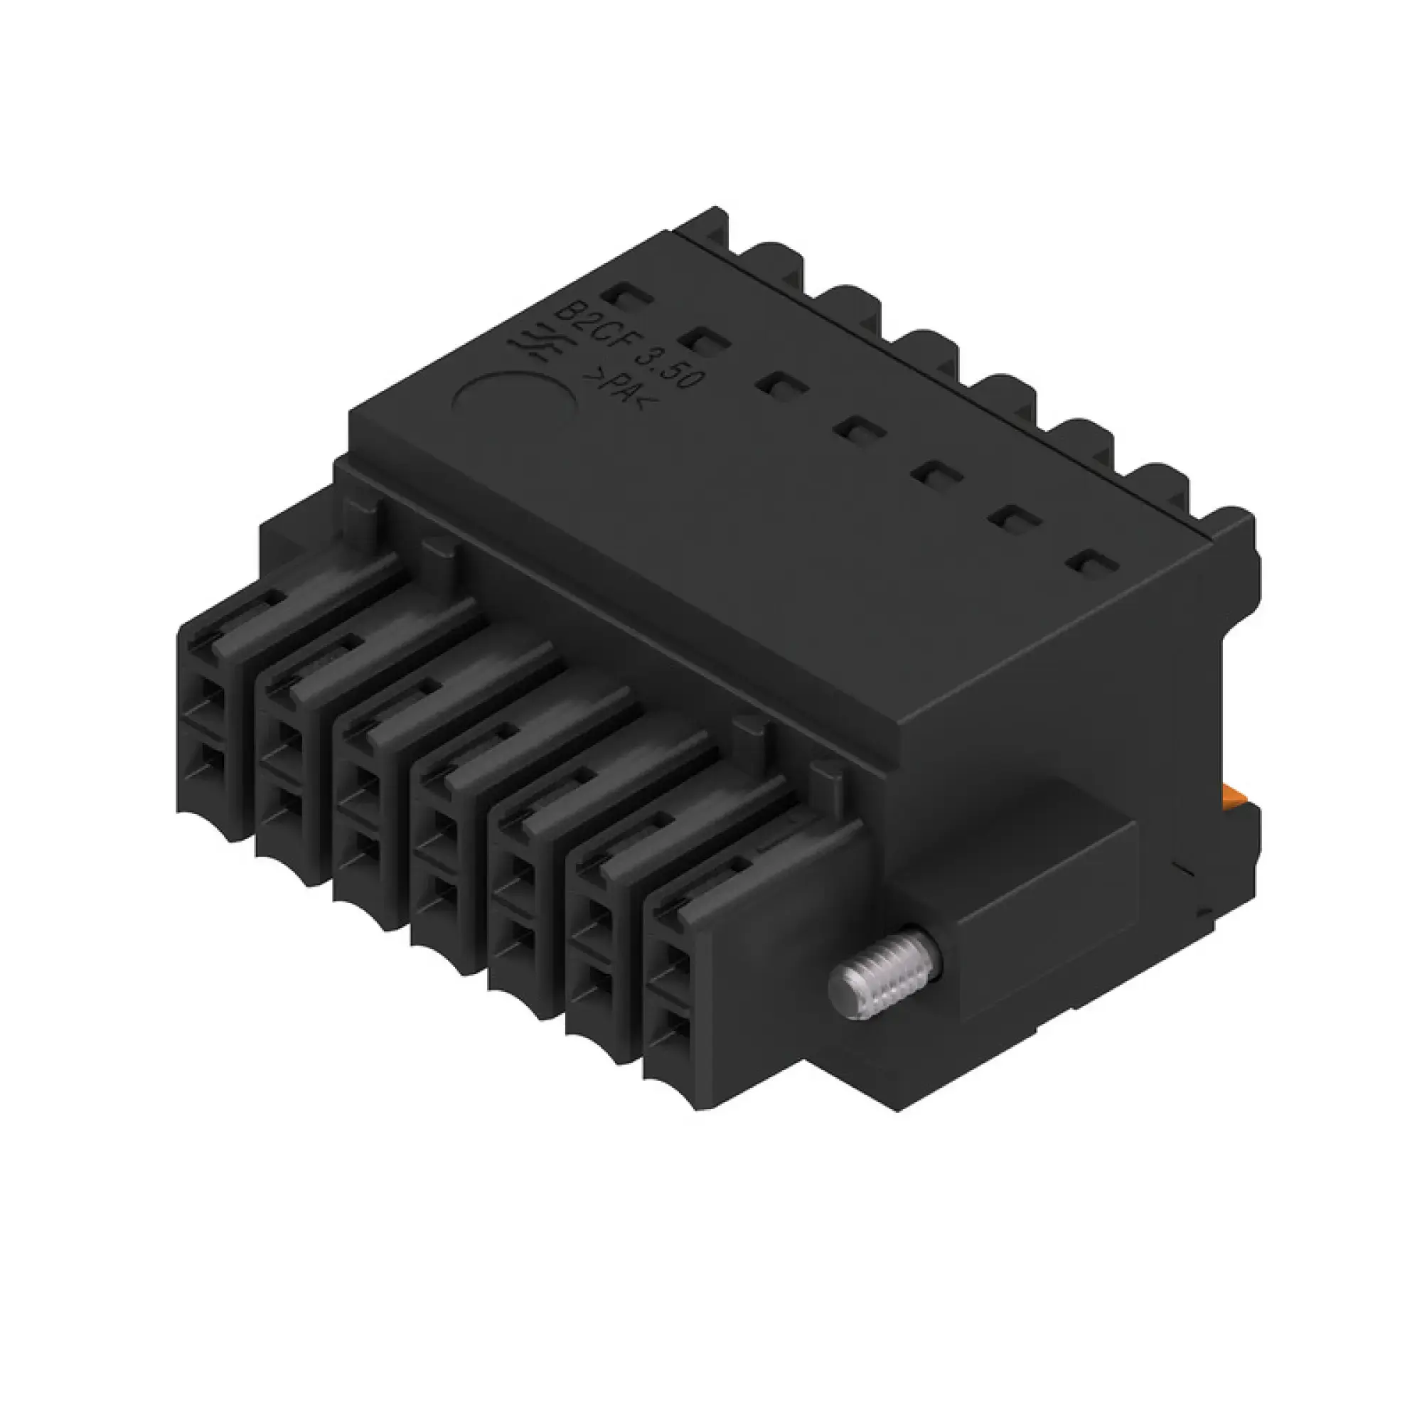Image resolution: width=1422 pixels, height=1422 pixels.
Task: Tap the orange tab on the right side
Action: click(1231, 795)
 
